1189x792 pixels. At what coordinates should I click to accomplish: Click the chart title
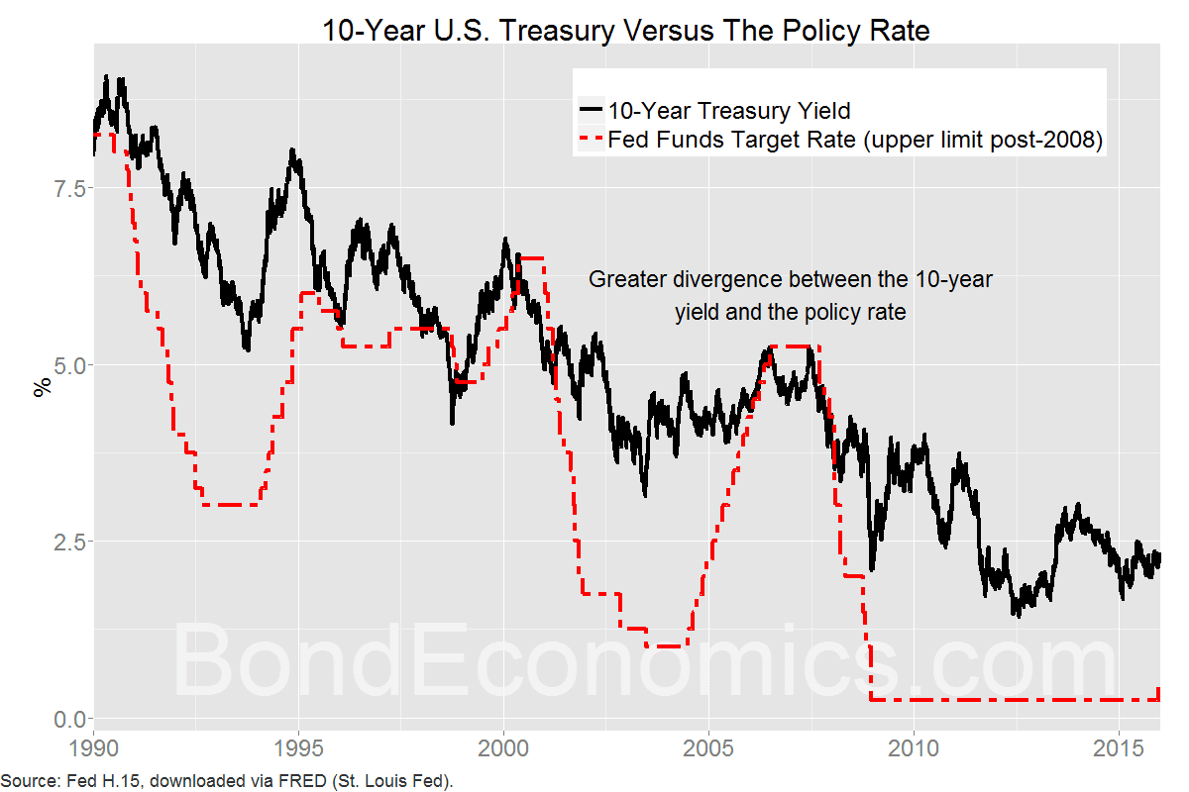click(626, 30)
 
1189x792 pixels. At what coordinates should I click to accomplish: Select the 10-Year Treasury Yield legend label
click(729, 110)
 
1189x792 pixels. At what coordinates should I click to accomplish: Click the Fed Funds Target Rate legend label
click(855, 141)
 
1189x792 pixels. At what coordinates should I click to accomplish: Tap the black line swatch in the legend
click(592, 110)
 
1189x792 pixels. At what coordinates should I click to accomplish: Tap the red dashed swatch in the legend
click(592, 141)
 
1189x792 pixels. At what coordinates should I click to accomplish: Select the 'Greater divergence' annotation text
click(791, 295)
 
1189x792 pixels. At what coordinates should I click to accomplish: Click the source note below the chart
click(227, 781)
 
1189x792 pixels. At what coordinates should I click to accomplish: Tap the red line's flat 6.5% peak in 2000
click(531, 258)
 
